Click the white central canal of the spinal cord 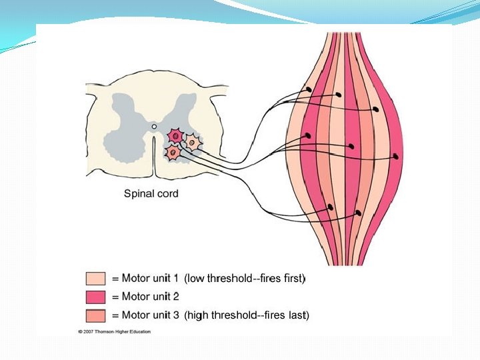[154, 125]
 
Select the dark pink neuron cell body [175, 136]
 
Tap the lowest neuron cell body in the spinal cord [173, 153]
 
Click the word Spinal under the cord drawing [139, 194]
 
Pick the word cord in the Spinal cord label [167, 194]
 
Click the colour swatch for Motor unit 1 [95, 278]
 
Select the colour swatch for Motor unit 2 [95, 296]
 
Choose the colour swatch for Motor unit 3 [95, 314]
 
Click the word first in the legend [291, 278]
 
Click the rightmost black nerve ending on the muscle [396, 157]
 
